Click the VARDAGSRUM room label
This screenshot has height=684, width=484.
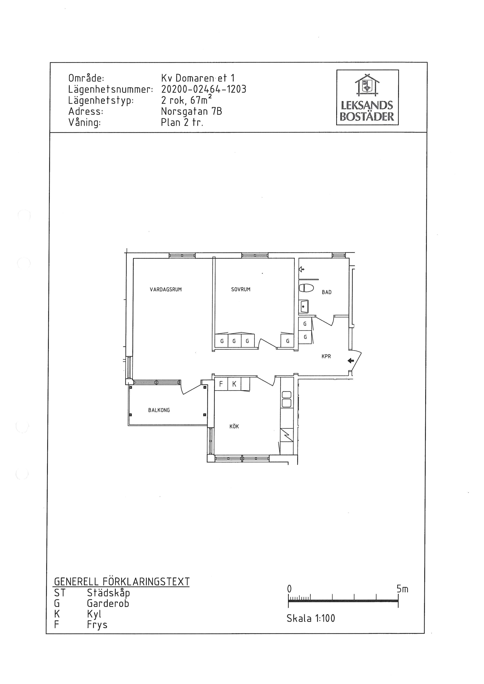click(x=166, y=289)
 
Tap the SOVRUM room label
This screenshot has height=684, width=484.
click(x=241, y=289)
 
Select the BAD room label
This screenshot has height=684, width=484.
click(x=327, y=292)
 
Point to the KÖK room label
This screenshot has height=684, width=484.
click(x=234, y=426)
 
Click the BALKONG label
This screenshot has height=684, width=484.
click(x=159, y=410)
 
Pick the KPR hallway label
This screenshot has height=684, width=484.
click(x=326, y=356)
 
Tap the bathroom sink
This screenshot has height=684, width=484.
click(x=304, y=306)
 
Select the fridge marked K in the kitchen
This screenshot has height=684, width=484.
click(x=234, y=384)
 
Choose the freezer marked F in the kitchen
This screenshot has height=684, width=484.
click(x=221, y=384)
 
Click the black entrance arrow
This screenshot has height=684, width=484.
click(x=351, y=361)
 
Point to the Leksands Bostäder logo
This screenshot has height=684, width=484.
click(x=367, y=97)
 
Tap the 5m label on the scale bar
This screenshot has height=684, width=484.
click(x=402, y=589)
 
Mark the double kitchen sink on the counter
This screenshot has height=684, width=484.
click(x=286, y=399)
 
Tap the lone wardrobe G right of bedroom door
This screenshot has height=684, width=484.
click(x=288, y=341)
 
